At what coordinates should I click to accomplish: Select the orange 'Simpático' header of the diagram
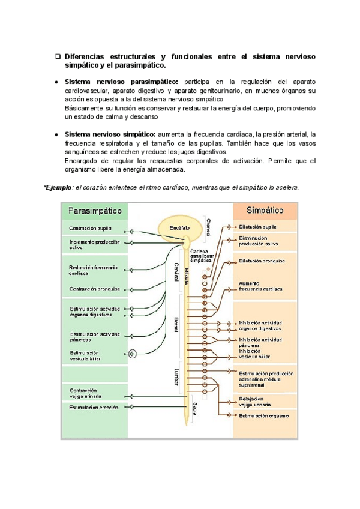265,211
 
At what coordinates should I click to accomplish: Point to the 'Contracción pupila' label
90,228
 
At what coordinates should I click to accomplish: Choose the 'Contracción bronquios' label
94,289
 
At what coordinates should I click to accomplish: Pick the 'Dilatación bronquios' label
261,261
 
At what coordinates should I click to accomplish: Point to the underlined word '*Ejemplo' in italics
58,188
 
